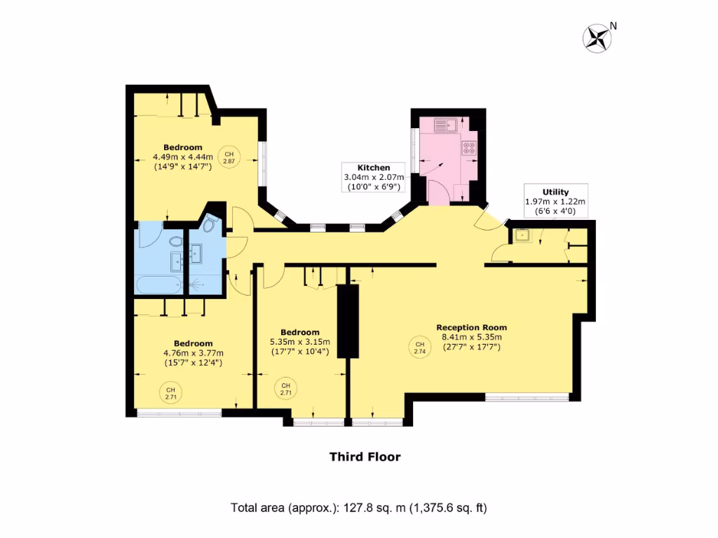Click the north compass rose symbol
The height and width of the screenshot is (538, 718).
pyautogui.click(x=597, y=38)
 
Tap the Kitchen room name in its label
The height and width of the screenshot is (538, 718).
pyautogui.click(x=374, y=168)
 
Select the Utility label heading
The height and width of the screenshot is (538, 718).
pyautogui.click(x=555, y=192)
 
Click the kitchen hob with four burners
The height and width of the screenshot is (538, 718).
pyautogui.click(x=468, y=149)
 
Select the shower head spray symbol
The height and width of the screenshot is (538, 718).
pyautogui.click(x=198, y=284)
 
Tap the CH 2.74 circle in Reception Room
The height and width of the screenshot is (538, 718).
pyautogui.click(x=419, y=347)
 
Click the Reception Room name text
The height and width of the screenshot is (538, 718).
pyautogui.click(x=471, y=327)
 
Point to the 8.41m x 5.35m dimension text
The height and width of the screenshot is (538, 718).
pyautogui.click(x=471, y=337)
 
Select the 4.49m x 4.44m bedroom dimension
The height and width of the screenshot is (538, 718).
pyautogui.click(x=183, y=157)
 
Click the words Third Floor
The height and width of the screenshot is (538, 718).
pyautogui.click(x=365, y=457)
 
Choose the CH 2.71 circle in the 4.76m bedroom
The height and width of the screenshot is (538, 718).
pyautogui.click(x=170, y=393)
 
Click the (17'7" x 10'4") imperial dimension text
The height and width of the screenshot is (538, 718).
pyautogui.click(x=300, y=352)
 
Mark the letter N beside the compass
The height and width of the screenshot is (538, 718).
pyautogui.click(x=614, y=26)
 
